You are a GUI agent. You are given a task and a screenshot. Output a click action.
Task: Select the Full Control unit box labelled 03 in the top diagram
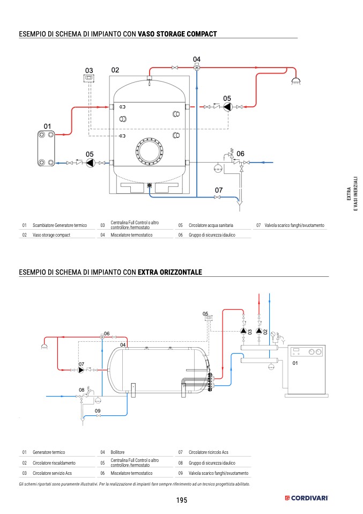[89, 78]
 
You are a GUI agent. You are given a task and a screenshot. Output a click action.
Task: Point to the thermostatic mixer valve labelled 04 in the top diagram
[197, 68]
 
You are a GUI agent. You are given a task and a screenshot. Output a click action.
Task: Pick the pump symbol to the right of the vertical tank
[227, 107]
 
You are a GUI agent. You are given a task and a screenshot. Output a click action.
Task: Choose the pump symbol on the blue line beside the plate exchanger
[90, 163]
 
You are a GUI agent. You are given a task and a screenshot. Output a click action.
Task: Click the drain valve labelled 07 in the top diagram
[217, 197]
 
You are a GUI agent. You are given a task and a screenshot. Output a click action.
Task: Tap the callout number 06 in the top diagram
[240, 154]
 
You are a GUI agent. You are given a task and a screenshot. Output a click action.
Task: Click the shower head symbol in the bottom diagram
[44, 346]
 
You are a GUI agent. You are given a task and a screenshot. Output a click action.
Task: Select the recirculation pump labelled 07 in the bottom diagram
[81, 370]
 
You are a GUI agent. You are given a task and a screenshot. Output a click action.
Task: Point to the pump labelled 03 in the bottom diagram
[243, 331]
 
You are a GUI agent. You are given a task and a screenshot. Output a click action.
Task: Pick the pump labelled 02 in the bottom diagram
[259, 331]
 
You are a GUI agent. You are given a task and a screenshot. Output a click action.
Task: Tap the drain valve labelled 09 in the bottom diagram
[98, 416]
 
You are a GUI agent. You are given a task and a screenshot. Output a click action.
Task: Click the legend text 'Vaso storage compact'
[51, 235]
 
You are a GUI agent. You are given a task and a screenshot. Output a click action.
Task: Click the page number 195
[181, 500]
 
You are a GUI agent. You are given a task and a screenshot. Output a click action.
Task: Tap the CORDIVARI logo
[306, 498]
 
